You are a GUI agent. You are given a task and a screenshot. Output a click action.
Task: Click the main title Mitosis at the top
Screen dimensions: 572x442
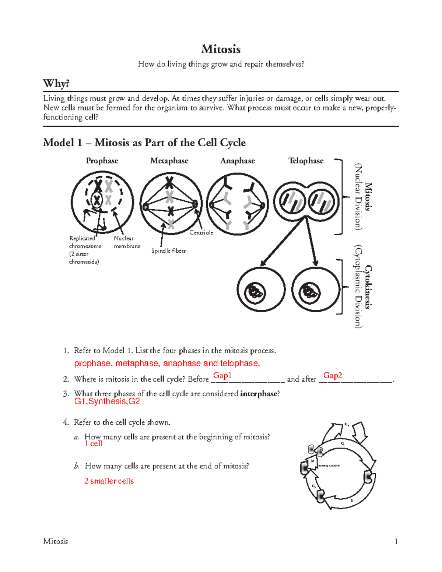coord(221,49)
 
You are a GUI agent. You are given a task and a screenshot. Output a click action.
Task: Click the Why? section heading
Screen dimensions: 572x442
coord(56,83)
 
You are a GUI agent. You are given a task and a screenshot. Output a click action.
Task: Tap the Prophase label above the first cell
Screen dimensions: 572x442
coord(102,161)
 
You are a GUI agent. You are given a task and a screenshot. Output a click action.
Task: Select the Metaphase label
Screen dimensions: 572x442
coord(169,161)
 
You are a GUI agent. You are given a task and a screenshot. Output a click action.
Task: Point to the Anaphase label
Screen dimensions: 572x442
coord(238,161)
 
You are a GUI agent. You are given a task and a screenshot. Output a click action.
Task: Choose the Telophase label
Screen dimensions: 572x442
coord(306,161)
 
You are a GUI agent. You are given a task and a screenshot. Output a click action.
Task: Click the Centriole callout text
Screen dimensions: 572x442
coord(201,232)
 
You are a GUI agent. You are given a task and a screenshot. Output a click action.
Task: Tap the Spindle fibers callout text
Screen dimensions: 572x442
coord(168,250)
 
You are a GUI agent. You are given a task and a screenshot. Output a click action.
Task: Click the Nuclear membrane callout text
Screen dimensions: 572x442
coord(127,242)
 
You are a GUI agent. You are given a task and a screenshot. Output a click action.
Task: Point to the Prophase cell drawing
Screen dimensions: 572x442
coord(102,203)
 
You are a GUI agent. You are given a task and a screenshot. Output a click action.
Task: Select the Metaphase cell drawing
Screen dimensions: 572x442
coord(171,204)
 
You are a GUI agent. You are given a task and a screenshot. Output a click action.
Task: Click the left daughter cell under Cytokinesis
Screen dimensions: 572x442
coord(261,290)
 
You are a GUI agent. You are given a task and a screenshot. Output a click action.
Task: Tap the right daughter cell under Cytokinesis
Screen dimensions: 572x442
coord(316,290)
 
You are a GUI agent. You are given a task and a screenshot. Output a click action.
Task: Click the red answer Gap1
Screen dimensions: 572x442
coord(222,375)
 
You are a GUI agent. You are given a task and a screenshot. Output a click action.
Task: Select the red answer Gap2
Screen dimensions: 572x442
coord(333,375)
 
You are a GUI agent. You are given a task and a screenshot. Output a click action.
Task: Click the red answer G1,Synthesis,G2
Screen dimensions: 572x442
coord(107,401)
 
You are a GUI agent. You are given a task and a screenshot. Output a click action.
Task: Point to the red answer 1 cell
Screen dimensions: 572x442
coord(94,444)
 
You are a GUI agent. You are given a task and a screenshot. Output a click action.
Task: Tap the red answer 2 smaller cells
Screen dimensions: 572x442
coord(109,481)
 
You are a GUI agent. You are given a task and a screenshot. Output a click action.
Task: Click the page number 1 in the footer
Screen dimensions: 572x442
coord(396,541)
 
